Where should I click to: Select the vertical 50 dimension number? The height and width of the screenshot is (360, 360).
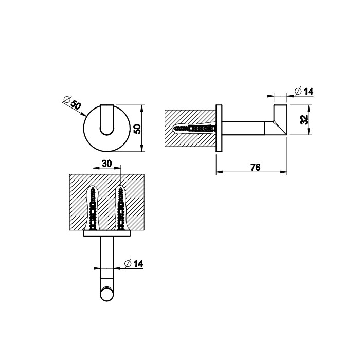(137, 128)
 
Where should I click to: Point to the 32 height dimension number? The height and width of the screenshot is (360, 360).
(304, 119)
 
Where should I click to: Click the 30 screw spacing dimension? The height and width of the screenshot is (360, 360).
(106, 164)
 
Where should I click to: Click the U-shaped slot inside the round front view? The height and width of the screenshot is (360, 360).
(107, 121)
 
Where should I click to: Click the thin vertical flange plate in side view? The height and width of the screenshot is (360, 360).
(219, 129)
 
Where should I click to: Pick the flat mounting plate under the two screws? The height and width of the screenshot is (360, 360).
(106, 233)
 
